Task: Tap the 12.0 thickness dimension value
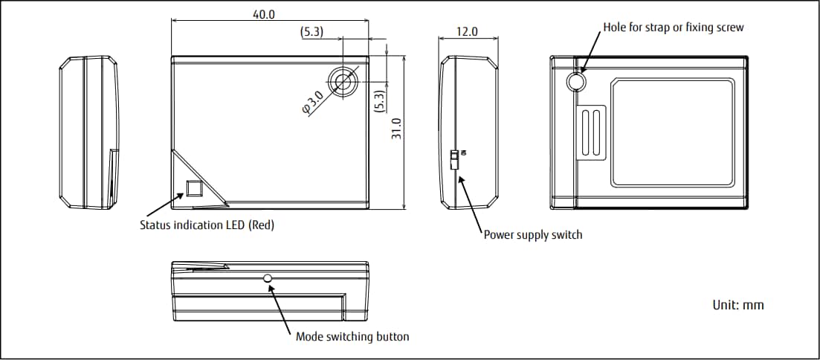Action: [x=468, y=32]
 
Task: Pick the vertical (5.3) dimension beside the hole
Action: [x=379, y=100]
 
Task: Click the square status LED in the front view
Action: [x=194, y=188]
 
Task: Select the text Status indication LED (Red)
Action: [x=207, y=225]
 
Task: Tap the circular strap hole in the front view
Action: [x=343, y=80]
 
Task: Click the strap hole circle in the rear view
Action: [x=575, y=81]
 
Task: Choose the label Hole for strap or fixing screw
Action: [x=673, y=27]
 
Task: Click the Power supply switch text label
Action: [x=533, y=235]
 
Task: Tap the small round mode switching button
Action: [x=268, y=279]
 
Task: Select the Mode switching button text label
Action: [x=352, y=336]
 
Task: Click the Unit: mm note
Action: [x=737, y=305]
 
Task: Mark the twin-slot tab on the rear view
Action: [x=592, y=132]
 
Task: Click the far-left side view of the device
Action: [x=88, y=132]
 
